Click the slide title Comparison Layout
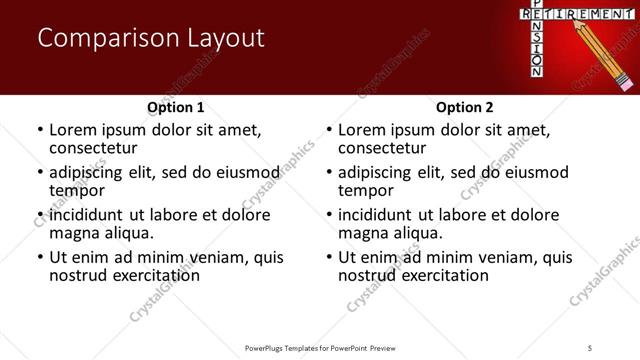click(151, 39)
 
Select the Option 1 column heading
click(175, 107)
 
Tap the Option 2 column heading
click(464, 107)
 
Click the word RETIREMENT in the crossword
click(564, 13)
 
